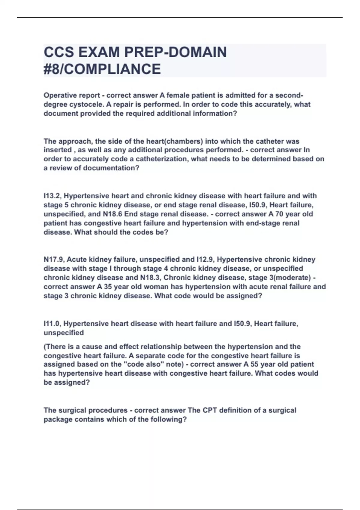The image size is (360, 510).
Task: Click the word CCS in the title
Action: [x=59, y=52]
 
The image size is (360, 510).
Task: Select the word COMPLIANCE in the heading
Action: [x=112, y=69]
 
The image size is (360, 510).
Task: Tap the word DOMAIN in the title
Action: [x=197, y=52]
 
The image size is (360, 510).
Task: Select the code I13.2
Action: [x=52, y=196]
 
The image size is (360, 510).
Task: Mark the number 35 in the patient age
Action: [x=108, y=287]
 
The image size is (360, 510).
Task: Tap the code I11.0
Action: [x=52, y=324]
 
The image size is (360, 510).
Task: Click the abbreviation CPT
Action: [x=212, y=410]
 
